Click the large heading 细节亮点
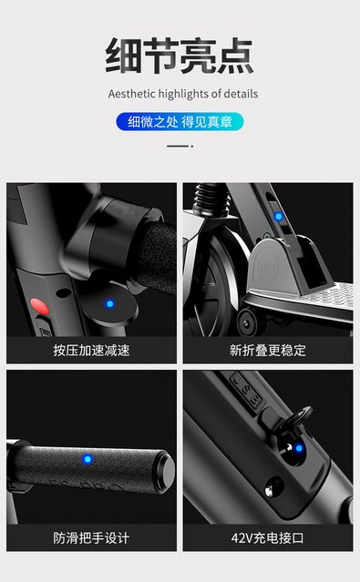180,56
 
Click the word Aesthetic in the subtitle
132,94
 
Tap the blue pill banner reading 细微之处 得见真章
180,122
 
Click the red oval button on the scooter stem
39,306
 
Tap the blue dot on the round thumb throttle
109,303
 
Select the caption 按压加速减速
91,350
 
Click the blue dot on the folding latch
278,216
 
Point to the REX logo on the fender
267,268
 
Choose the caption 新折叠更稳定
267,350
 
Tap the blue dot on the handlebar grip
87,459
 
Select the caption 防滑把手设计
91,538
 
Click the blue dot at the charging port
299,448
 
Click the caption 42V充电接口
267,538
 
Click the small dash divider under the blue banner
180,147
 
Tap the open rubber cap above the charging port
297,417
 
